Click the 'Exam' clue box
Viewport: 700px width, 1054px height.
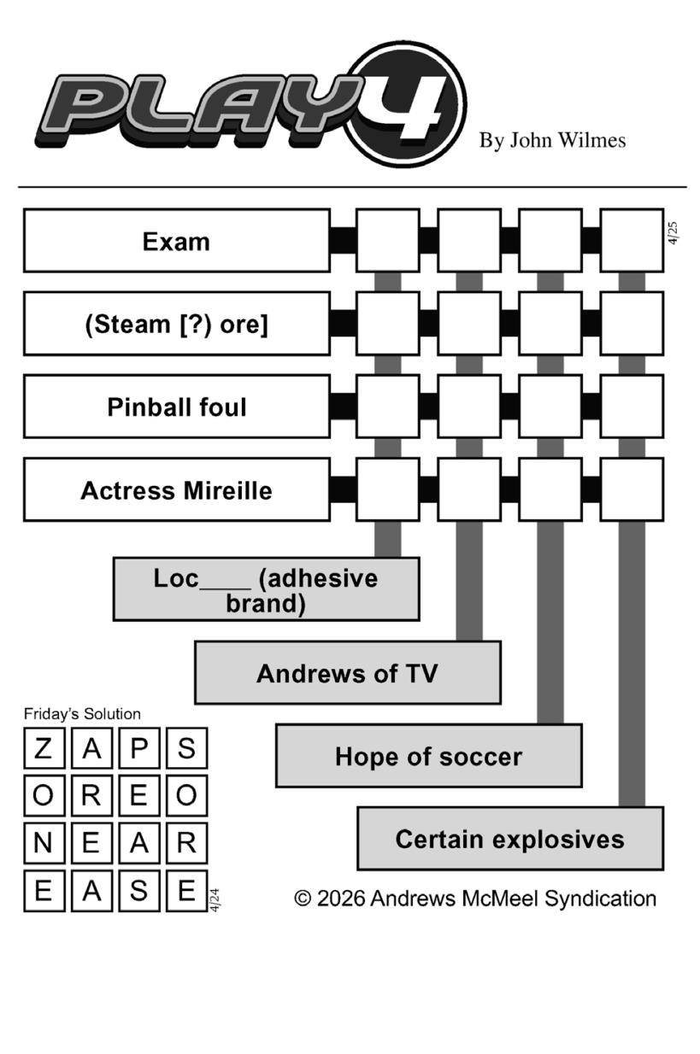176,242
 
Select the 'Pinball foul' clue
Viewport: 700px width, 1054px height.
176,407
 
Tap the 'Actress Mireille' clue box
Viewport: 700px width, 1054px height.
176,490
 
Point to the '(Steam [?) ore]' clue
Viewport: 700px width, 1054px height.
176,325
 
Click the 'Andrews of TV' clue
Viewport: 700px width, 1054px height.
347,673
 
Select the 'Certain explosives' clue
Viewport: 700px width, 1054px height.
509,839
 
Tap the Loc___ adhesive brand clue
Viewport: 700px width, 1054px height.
266,589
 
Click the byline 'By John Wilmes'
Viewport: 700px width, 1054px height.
552,141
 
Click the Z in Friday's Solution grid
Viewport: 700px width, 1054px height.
44,749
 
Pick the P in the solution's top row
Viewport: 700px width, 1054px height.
139,749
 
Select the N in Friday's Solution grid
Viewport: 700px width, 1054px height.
44,843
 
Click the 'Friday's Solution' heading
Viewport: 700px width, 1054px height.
82,714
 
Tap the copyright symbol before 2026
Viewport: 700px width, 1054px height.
303,899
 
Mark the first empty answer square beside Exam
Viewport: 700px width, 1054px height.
387,241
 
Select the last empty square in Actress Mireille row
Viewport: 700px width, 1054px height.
632,489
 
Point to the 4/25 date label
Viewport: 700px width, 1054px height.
674,233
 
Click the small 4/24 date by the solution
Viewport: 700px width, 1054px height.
215,900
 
